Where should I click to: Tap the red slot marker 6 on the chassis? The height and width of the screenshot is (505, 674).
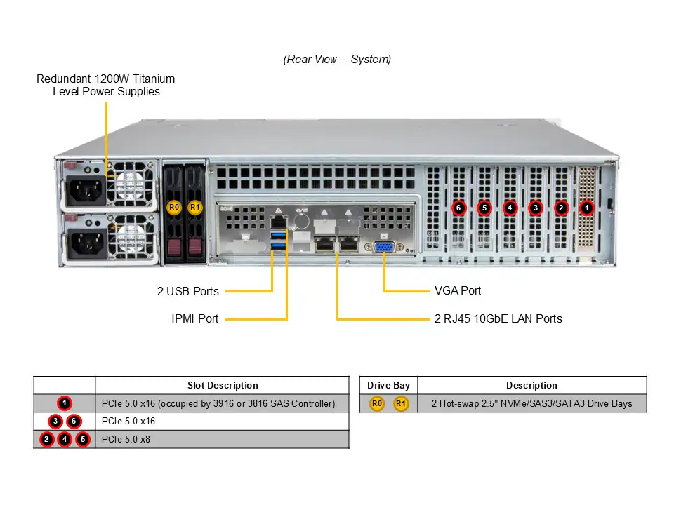pos(458,208)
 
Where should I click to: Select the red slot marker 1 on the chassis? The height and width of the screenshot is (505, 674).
pos(587,208)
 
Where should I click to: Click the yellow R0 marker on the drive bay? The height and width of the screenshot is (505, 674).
pos(174,208)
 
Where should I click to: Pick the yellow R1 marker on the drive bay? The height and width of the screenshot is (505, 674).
pos(195,208)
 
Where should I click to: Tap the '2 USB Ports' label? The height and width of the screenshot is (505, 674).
pos(187,291)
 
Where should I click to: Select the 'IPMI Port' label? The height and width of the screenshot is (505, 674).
pos(194,318)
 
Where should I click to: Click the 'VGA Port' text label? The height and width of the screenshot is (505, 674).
pos(458,290)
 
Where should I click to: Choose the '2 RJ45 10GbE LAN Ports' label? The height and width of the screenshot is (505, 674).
pos(498,318)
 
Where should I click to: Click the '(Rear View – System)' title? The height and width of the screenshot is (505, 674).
pos(337,59)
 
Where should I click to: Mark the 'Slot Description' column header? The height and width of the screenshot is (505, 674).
pos(223,385)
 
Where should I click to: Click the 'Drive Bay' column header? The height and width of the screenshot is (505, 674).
pos(388,385)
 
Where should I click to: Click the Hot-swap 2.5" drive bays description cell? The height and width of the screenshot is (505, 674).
pos(531,403)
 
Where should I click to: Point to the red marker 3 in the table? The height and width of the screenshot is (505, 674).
pos(55,422)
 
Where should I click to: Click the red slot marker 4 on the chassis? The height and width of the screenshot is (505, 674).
pos(510,208)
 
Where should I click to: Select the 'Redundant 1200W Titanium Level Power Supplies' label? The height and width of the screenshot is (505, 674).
pos(106,85)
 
